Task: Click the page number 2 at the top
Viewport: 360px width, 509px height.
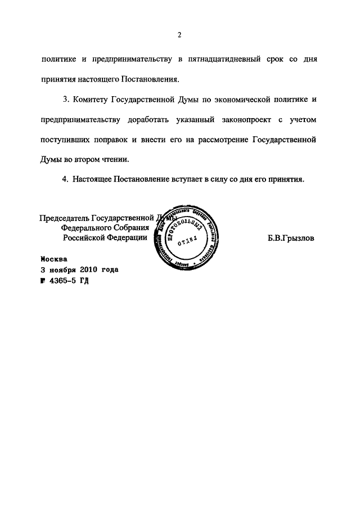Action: pos(179,35)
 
